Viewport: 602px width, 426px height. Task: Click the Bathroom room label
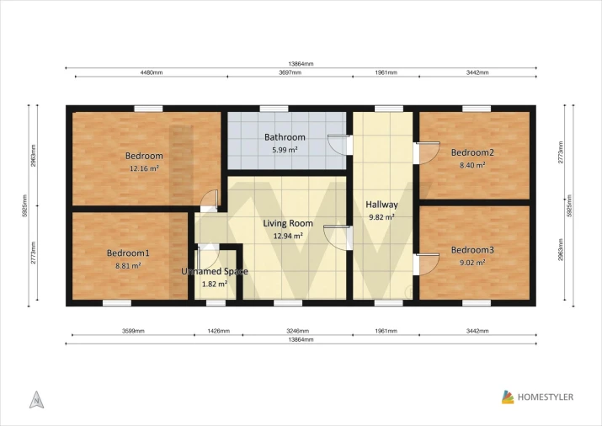(x=285, y=137)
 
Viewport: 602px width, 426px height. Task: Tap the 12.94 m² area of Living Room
(x=288, y=236)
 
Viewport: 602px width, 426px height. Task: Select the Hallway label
(x=381, y=205)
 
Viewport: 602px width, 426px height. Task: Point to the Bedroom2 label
(x=472, y=152)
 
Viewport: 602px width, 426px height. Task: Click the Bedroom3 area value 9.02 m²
(x=472, y=263)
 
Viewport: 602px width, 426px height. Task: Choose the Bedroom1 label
(x=128, y=253)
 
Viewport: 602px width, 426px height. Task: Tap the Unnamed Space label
(x=215, y=271)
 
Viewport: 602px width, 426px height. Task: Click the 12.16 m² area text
(x=144, y=168)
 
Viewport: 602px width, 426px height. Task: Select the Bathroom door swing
(x=337, y=144)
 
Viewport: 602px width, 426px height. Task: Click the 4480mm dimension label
(x=152, y=72)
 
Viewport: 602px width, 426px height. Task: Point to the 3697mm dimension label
(x=290, y=72)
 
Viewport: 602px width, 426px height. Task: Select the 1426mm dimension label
(x=218, y=331)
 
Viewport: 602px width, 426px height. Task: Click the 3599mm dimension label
(x=133, y=331)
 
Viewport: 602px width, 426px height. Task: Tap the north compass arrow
(x=36, y=400)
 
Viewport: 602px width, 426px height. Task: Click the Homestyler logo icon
(x=508, y=397)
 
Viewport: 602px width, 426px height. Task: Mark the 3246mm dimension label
(x=297, y=331)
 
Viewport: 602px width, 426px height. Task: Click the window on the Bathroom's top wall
(x=274, y=109)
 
